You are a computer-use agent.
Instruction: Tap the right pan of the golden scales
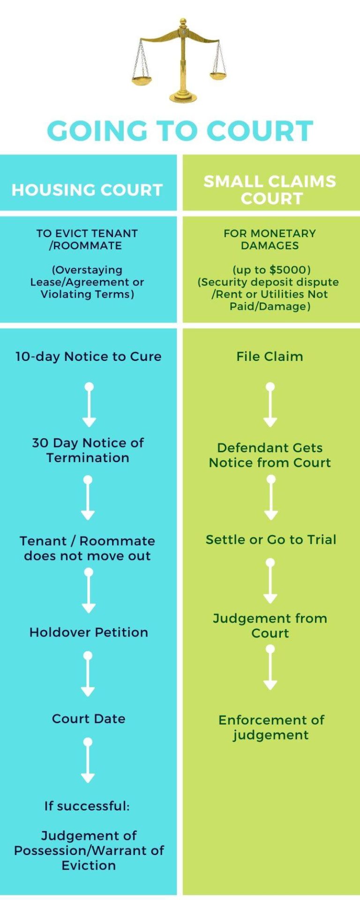[217, 75]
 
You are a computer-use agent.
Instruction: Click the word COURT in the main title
[260, 131]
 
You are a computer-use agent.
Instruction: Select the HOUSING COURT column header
[87, 190]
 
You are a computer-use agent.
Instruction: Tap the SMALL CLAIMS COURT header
[270, 189]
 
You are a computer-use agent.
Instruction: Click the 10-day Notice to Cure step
[89, 356]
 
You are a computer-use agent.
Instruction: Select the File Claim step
[270, 356]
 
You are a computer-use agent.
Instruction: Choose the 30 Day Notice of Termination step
[88, 450]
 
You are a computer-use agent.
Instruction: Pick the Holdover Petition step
[89, 632]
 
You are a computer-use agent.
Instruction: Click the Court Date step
[89, 719]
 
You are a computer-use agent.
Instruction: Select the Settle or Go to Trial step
[271, 540]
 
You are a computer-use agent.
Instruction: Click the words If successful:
[87, 806]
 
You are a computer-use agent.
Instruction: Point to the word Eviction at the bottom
[89, 865]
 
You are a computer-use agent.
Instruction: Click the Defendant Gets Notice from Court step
[270, 455]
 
